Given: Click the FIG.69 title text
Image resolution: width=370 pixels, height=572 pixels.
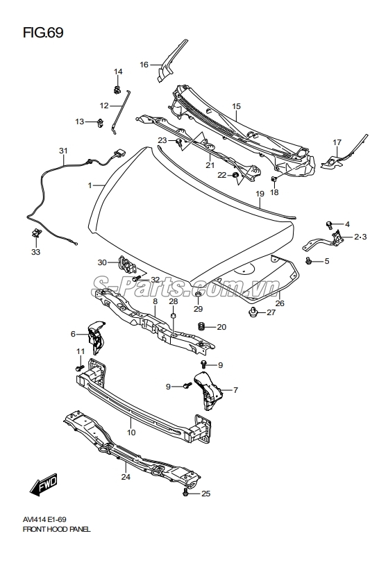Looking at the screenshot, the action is click(x=43, y=33).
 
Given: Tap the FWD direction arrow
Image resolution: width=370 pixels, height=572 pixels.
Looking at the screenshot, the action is click(x=44, y=485).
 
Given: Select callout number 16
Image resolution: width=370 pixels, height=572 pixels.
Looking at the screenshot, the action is click(x=144, y=65).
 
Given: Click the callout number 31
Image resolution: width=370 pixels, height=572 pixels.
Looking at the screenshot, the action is click(x=63, y=151).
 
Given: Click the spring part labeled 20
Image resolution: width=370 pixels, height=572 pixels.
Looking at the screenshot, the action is click(x=200, y=326).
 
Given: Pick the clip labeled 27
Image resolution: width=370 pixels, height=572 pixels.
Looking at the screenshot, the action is click(x=252, y=312).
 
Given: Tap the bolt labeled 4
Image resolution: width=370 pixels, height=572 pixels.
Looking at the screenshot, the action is click(x=329, y=225).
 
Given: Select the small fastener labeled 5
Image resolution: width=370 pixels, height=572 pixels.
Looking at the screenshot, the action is click(x=309, y=260).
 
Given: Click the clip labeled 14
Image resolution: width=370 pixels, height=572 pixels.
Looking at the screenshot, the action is click(x=117, y=89).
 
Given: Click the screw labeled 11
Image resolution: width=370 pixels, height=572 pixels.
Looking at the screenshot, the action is click(x=80, y=368).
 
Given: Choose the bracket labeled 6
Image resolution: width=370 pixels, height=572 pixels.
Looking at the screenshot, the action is click(x=96, y=337).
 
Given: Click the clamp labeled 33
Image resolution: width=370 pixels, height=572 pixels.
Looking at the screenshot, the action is click(x=36, y=232).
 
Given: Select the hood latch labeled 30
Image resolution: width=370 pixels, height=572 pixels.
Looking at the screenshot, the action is click(x=126, y=265).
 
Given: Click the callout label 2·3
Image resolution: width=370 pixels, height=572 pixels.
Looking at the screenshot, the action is click(x=360, y=237).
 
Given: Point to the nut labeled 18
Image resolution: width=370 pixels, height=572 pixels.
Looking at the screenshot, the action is click(x=274, y=180).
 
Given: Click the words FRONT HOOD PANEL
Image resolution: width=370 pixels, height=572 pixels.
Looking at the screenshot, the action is click(x=56, y=530).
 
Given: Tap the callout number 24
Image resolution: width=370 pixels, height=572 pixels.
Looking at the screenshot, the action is click(x=126, y=477).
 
